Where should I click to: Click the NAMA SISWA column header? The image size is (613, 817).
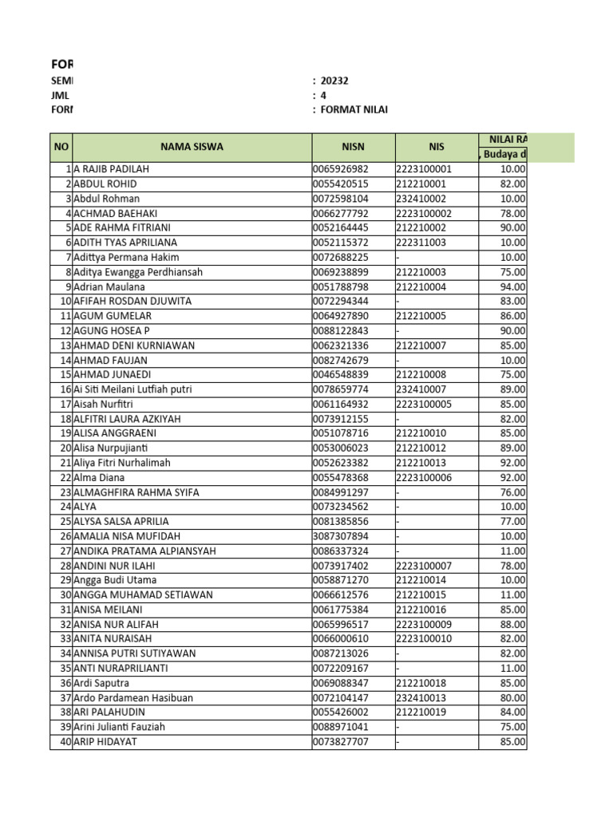click(x=192, y=147)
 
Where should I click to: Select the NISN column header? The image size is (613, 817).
click(x=353, y=147)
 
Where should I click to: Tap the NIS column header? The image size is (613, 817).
click(x=436, y=147)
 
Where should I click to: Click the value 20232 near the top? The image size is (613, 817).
click(x=334, y=81)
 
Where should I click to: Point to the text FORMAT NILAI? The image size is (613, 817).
click(x=354, y=109)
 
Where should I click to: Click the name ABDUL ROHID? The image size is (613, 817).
click(x=105, y=184)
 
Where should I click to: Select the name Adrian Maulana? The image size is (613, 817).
click(x=109, y=286)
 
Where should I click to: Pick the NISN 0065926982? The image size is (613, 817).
click(x=341, y=169)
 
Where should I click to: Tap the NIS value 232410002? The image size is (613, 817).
click(x=421, y=199)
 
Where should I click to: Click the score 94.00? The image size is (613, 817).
click(x=512, y=286)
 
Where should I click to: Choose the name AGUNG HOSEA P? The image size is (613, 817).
click(x=112, y=330)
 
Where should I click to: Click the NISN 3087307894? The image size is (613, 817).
click(x=341, y=536)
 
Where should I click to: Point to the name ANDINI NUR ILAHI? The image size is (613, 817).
click(x=116, y=566)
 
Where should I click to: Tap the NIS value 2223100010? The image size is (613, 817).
click(x=424, y=639)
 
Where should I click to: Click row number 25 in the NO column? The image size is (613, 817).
click(x=65, y=522)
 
